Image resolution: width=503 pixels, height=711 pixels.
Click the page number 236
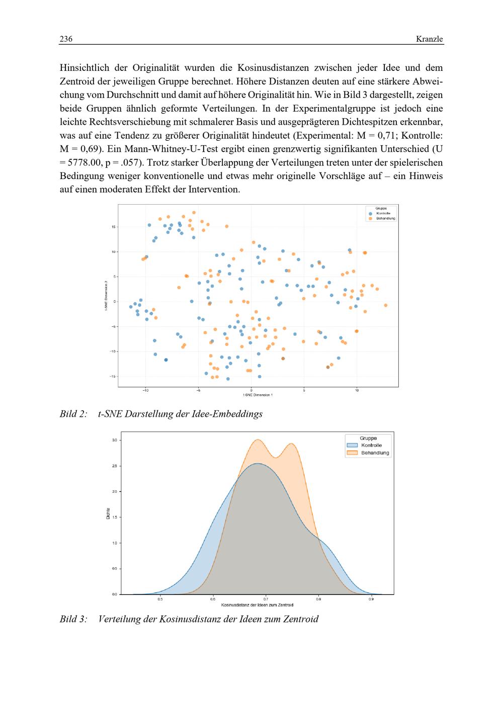66,39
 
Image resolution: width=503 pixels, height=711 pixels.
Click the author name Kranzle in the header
430,39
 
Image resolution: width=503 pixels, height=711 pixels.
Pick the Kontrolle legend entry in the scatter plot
383,214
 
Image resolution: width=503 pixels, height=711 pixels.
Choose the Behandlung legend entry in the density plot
375,453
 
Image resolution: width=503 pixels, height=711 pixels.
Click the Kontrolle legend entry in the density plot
371,446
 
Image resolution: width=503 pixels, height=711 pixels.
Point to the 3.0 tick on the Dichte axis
114,440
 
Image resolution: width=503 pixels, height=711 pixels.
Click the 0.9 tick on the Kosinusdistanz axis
371,599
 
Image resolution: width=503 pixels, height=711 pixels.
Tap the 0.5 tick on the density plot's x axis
160,599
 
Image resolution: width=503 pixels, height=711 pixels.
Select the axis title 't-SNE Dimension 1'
258,395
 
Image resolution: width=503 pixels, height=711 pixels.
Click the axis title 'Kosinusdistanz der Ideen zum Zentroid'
257,605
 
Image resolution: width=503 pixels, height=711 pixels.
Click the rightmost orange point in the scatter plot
385,305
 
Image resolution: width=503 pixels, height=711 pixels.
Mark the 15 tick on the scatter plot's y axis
114,227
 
